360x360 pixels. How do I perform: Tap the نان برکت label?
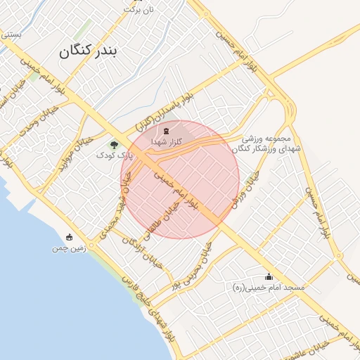[138, 10]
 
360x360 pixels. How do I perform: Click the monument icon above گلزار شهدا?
[166, 131]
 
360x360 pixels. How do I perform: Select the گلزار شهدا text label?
[167, 142]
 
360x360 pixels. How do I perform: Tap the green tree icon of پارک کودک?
[114, 144]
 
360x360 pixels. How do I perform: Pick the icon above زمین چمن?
[69, 238]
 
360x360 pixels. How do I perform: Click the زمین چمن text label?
[68, 249]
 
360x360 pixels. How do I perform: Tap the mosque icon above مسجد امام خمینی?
[268, 277]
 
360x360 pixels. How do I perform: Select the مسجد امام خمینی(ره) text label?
[268, 288]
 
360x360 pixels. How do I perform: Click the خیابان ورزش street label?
[243, 190]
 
